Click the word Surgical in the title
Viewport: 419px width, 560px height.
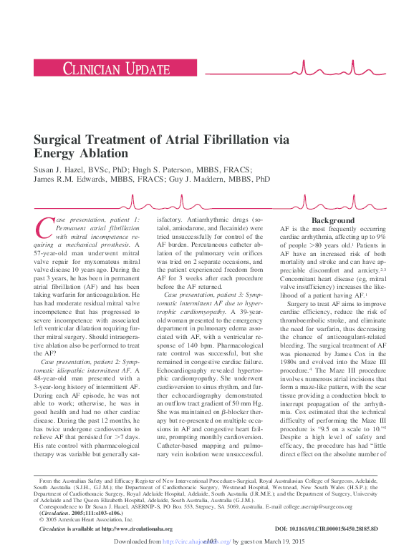tap(59, 140)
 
